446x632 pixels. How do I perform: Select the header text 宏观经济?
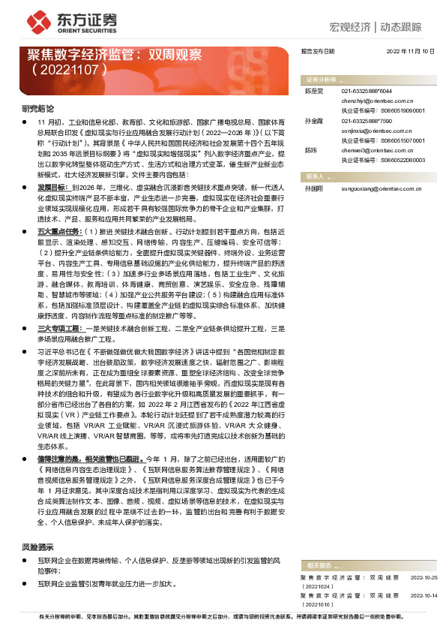point(351,27)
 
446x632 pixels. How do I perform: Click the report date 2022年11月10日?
point(410,51)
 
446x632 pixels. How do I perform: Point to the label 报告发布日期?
point(318,51)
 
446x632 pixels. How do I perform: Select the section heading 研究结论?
point(37,109)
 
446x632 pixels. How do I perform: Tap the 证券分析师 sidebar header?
point(320,78)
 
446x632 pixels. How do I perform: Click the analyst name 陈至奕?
point(313,90)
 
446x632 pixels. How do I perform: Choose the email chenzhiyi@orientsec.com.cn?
point(376,98)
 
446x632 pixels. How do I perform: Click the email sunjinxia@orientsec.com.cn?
point(376,130)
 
